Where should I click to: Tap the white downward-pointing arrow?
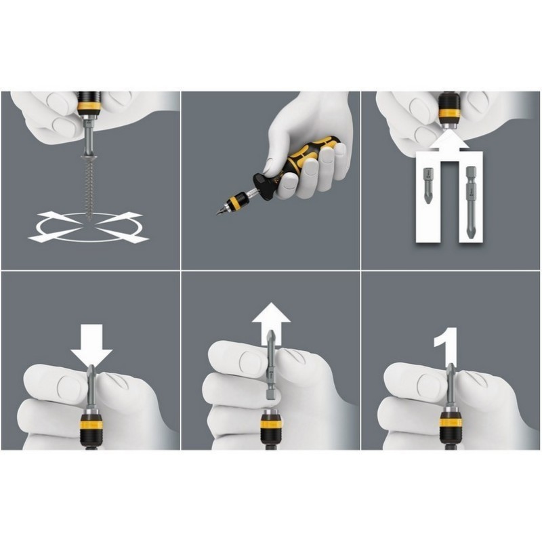click(91, 346)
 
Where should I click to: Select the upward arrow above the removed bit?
click(272, 323)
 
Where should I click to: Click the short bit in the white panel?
click(428, 185)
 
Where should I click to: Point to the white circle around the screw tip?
click(89, 227)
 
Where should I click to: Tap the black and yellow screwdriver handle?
click(297, 163)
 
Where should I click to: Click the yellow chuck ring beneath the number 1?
click(450, 422)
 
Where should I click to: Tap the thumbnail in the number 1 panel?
click(430, 384)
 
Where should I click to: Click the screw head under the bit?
click(89, 157)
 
